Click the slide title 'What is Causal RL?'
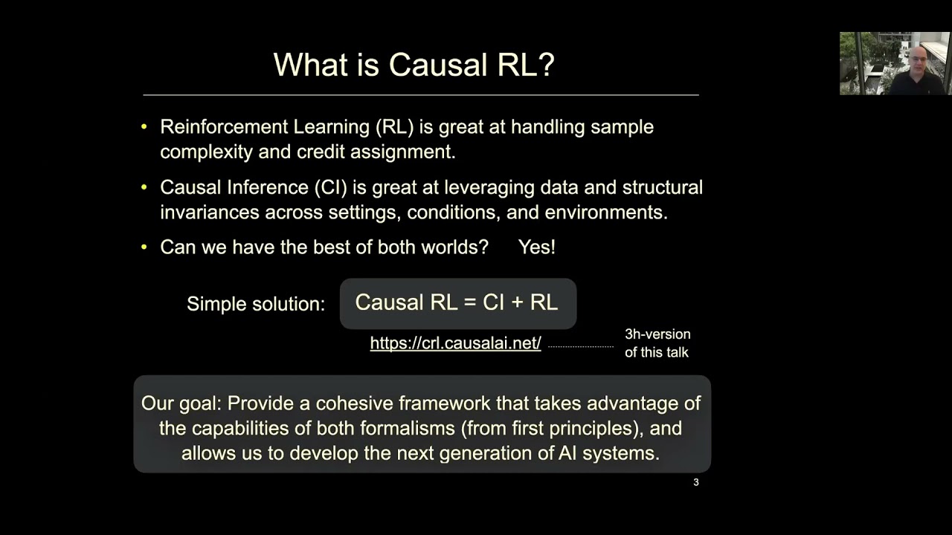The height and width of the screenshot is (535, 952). pyautogui.click(x=414, y=65)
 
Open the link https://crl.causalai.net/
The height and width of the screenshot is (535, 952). pyautogui.click(x=455, y=343)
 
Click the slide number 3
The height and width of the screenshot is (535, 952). pyautogui.click(x=695, y=482)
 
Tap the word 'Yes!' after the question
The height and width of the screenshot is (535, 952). pyautogui.click(x=536, y=247)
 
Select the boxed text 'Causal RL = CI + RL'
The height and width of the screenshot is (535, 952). pyautogui.click(x=457, y=302)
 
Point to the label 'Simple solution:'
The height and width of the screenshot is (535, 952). pyautogui.click(x=255, y=304)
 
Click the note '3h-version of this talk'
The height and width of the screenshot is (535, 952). pyautogui.click(x=657, y=343)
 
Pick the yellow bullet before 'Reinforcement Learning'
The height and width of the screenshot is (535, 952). pyautogui.click(x=144, y=127)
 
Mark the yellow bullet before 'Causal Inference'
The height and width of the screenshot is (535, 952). pyautogui.click(x=144, y=187)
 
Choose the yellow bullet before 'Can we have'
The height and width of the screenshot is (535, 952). pyautogui.click(x=144, y=247)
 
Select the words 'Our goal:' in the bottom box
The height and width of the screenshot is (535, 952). pyautogui.click(x=181, y=403)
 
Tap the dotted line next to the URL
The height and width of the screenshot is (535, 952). pyautogui.click(x=580, y=346)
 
